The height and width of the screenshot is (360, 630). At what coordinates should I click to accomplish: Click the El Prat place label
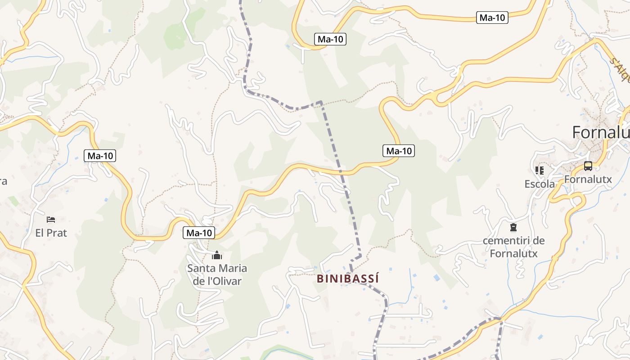point(51,233)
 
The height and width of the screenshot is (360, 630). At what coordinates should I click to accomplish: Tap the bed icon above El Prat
point(51,220)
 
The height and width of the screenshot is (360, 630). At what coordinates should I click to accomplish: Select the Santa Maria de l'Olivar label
point(217,275)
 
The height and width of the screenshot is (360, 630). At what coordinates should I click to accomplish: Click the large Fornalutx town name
point(601,132)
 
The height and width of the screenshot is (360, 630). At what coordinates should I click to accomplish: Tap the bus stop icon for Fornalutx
point(588,166)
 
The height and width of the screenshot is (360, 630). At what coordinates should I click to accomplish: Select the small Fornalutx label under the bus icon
point(588,179)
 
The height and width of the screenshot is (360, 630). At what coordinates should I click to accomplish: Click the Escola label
point(540,184)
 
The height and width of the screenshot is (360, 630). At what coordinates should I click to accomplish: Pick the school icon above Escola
point(539,170)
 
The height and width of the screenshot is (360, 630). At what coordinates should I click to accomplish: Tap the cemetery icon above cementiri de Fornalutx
point(513,227)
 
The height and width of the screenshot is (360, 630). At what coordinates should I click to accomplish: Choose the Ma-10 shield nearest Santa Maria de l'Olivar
point(199,233)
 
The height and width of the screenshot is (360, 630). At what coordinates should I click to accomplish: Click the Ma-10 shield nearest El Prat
point(100,156)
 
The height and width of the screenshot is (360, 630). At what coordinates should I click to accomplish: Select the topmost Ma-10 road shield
point(492,18)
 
